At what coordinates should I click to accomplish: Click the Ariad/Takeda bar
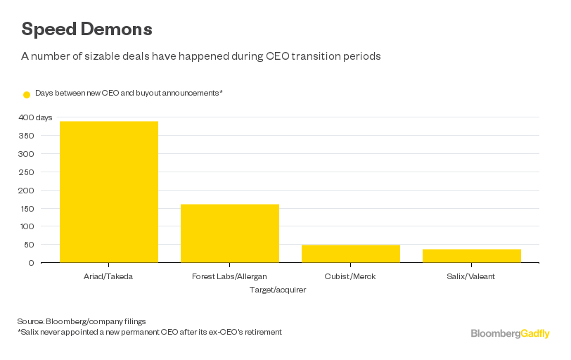pos(109,192)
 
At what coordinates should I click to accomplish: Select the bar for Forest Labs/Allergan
pos(230,233)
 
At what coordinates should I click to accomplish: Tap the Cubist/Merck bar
pos(351,254)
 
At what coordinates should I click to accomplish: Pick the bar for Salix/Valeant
pos(472,256)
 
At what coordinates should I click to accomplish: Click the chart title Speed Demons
pos(86,30)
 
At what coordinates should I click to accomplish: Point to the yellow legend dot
pos(27,94)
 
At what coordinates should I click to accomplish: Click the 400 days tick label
pos(35,117)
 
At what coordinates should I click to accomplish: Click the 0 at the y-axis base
pos(31,263)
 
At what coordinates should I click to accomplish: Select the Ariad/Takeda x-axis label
pos(109,277)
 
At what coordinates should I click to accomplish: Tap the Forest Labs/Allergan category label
pos(230,277)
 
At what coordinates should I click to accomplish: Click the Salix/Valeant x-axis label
pos(472,277)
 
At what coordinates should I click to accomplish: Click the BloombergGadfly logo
pos(510,333)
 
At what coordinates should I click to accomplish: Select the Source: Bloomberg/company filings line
pos(82,321)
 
